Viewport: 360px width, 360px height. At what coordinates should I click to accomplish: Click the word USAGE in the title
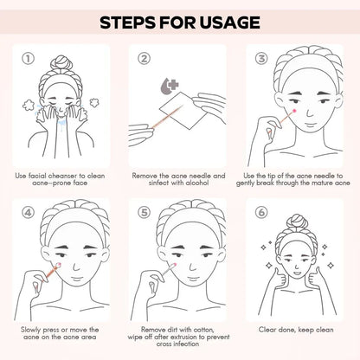[x=229, y=22]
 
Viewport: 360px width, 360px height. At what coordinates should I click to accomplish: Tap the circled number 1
[x=28, y=59]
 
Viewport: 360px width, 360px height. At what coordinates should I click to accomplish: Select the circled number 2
[x=144, y=59]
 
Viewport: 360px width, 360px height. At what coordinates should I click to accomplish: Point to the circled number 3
[x=261, y=59]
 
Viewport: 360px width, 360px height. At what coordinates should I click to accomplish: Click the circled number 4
[x=28, y=213]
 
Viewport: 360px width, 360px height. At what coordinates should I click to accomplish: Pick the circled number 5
[x=144, y=213]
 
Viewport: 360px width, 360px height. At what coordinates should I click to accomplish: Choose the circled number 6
[x=261, y=213]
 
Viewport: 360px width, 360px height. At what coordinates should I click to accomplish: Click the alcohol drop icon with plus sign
[x=170, y=86]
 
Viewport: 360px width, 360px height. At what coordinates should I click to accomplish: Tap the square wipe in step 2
[x=183, y=111]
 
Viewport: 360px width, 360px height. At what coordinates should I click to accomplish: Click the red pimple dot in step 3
[x=294, y=111]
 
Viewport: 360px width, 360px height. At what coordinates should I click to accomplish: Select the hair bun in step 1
[x=61, y=64]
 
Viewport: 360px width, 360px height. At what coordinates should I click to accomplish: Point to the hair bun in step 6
[x=295, y=222]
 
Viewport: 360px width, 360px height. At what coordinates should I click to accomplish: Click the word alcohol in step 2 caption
[x=196, y=183]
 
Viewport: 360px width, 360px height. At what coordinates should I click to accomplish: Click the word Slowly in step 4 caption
[x=30, y=330]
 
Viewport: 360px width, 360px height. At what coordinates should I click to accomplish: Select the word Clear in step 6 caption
[x=267, y=330]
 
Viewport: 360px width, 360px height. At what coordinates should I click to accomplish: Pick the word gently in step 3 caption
[x=246, y=183]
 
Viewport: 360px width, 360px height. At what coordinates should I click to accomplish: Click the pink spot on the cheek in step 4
[x=59, y=265]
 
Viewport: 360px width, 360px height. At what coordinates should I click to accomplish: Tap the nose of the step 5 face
[x=192, y=266]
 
